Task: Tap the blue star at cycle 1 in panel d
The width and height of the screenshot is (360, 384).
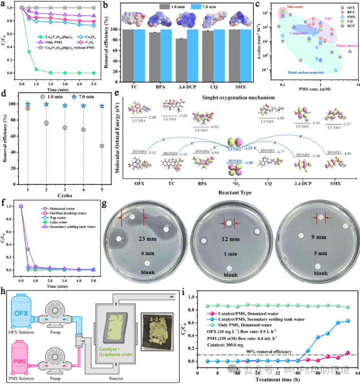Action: [x=28, y=104]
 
